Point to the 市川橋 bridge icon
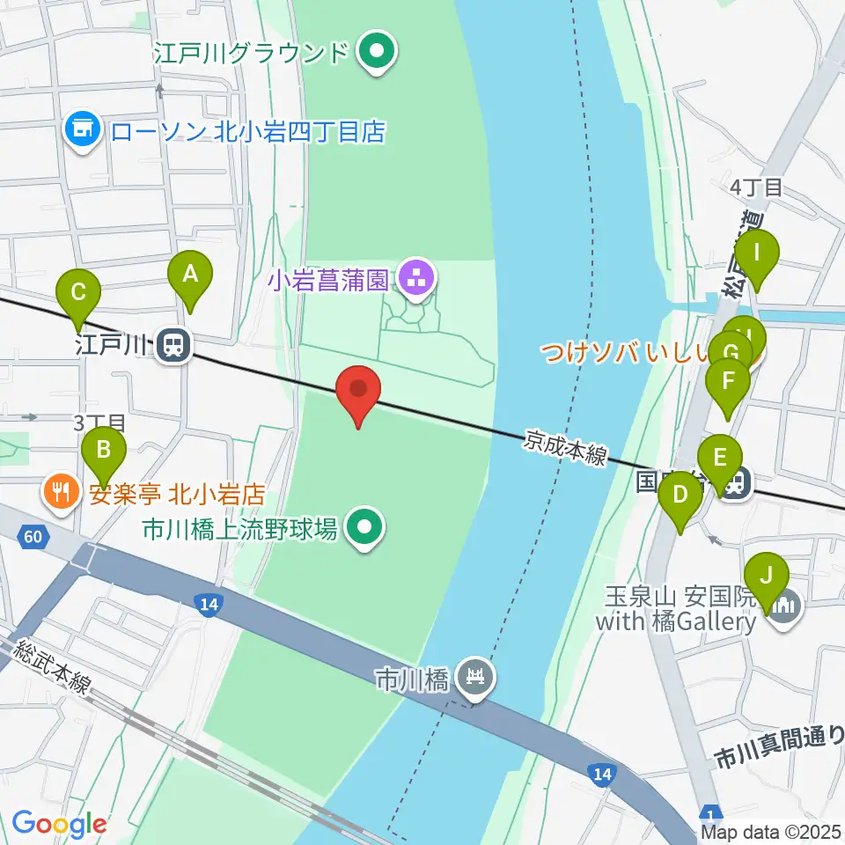point(477,678)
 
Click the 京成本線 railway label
point(566,447)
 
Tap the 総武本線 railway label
point(52,666)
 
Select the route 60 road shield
point(33,536)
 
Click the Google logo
point(59,824)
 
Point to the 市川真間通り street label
point(780,745)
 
